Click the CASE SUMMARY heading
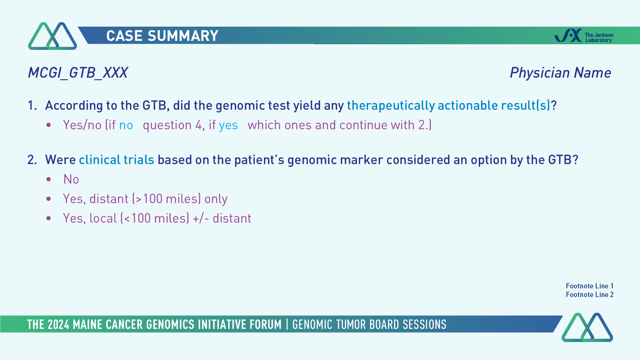pyautogui.click(x=162, y=36)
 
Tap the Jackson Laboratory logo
pyautogui.click(x=584, y=36)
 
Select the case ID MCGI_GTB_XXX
pyautogui.click(x=78, y=73)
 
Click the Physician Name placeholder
pyautogui.click(x=560, y=73)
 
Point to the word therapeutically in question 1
pyautogui.click(x=391, y=106)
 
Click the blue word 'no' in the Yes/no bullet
pyautogui.click(x=126, y=125)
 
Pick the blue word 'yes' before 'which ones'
pyautogui.click(x=228, y=126)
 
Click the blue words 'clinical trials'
pyautogui.click(x=117, y=160)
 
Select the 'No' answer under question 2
pyautogui.click(x=71, y=179)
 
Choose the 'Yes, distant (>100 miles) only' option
pyautogui.click(x=145, y=199)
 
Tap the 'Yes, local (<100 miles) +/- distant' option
pyautogui.click(x=157, y=218)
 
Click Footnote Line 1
pyautogui.click(x=590, y=286)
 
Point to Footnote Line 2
pyautogui.click(x=590, y=295)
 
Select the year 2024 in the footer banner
pyautogui.click(x=58, y=325)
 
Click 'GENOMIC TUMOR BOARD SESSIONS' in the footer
pyautogui.click(x=369, y=325)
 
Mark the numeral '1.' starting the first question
pyautogui.click(x=32, y=105)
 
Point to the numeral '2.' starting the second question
pyautogui.click(x=32, y=160)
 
